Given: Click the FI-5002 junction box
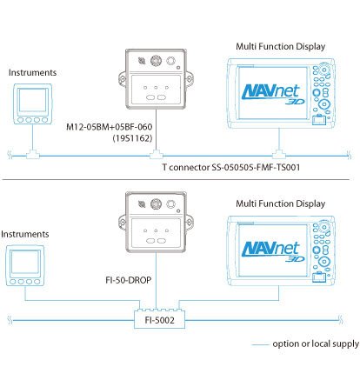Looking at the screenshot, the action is [x=159, y=320].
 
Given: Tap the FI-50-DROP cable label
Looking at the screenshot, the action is [x=129, y=280].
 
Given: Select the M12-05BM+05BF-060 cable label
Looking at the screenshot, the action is [x=110, y=127].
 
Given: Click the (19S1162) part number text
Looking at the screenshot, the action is [x=132, y=138].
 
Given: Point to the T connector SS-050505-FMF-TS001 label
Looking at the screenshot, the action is [x=231, y=167].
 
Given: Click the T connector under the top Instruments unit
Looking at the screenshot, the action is [x=33, y=154].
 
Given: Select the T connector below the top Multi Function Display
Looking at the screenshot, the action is [x=279, y=154].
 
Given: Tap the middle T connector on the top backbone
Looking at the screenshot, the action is [x=156, y=154].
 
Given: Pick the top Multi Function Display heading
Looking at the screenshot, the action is [x=280, y=46].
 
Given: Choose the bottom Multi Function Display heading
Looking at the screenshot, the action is [x=280, y=204].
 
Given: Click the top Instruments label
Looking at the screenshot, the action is [x=32, y=72].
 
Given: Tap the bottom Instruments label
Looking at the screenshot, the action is [x=25, y=234].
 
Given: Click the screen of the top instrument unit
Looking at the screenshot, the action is [x=33, y=100].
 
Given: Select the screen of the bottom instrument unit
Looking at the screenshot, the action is [x=25, y=262].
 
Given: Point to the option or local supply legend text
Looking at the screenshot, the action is [x=316, y=344].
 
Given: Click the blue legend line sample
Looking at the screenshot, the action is [x=260, y=344].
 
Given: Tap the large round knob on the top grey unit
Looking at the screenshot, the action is [x=156, y=61].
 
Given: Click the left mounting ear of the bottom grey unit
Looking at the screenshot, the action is [x=122, y=223].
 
